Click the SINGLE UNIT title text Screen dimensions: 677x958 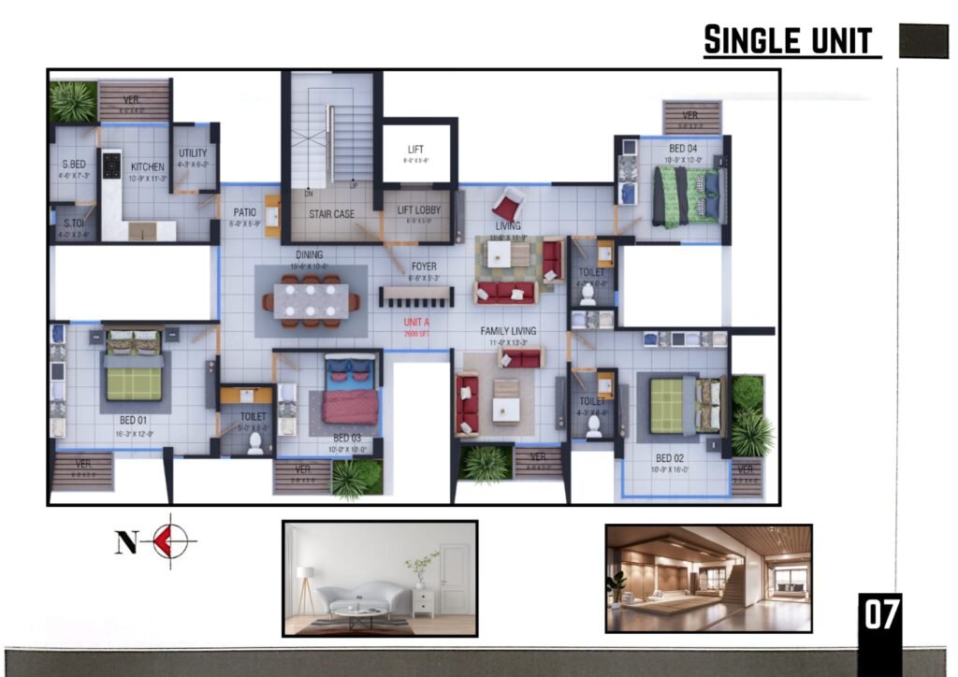coord(788,40)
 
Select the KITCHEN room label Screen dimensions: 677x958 coord(147,166)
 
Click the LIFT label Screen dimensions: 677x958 coord(416,150)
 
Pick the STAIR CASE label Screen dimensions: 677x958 coord(331,214)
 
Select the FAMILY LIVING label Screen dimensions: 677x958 coord(508,331)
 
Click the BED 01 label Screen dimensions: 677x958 coord(134,420)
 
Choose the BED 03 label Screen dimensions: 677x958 coord(347,438)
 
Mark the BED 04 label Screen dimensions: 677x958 coord(682,149)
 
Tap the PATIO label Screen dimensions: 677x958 coord(245,213)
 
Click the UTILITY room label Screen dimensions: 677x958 coord(192,153)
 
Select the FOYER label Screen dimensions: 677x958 coord(424,266)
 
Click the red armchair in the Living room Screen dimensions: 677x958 coord(507,204)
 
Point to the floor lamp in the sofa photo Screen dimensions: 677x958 coord(305,584)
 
